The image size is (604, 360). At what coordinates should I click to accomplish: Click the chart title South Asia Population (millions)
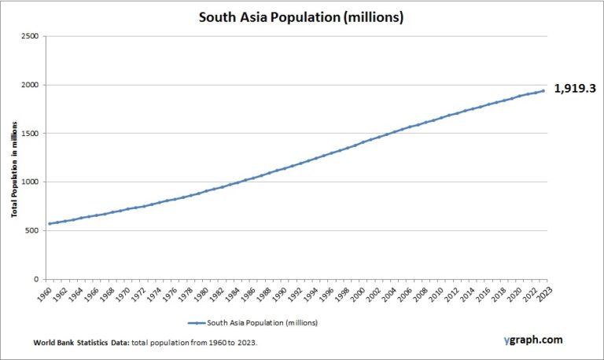coord(301,17)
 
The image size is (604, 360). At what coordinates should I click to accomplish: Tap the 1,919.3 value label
coord(576,90)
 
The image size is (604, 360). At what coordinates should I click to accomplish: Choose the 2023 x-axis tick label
coord(543,294)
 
